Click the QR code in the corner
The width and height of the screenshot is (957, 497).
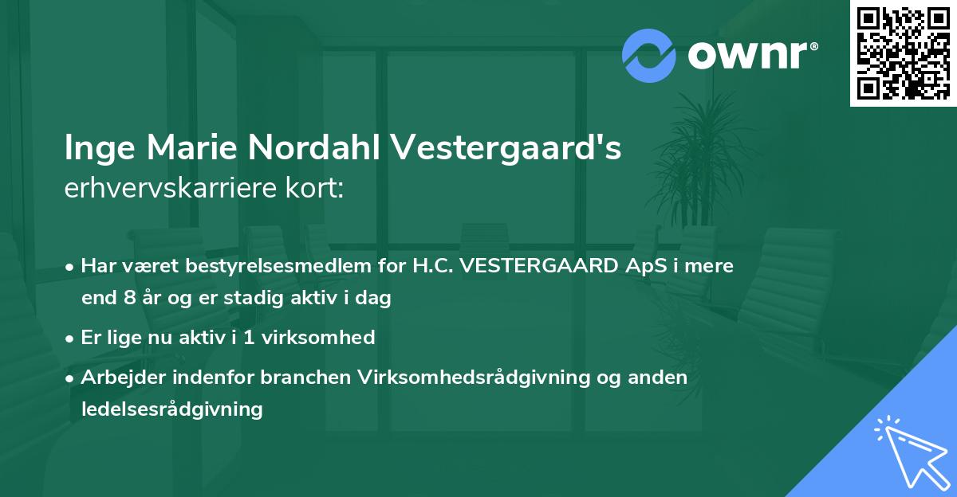click(x=903, y=53)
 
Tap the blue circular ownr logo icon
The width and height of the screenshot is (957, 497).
click(x=648, y=56)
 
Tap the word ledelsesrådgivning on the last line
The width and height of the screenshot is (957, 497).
click(x=171, y=409)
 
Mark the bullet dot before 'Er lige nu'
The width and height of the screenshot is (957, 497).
click(x=71, y=338)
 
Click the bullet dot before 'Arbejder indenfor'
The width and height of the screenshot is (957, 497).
click(x=71, y=378)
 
